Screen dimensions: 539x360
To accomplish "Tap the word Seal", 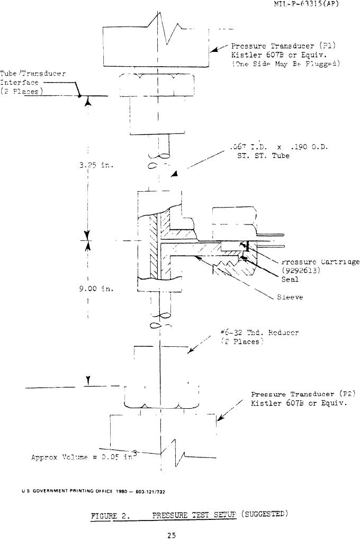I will pyautogui.click(x=291, y=280).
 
